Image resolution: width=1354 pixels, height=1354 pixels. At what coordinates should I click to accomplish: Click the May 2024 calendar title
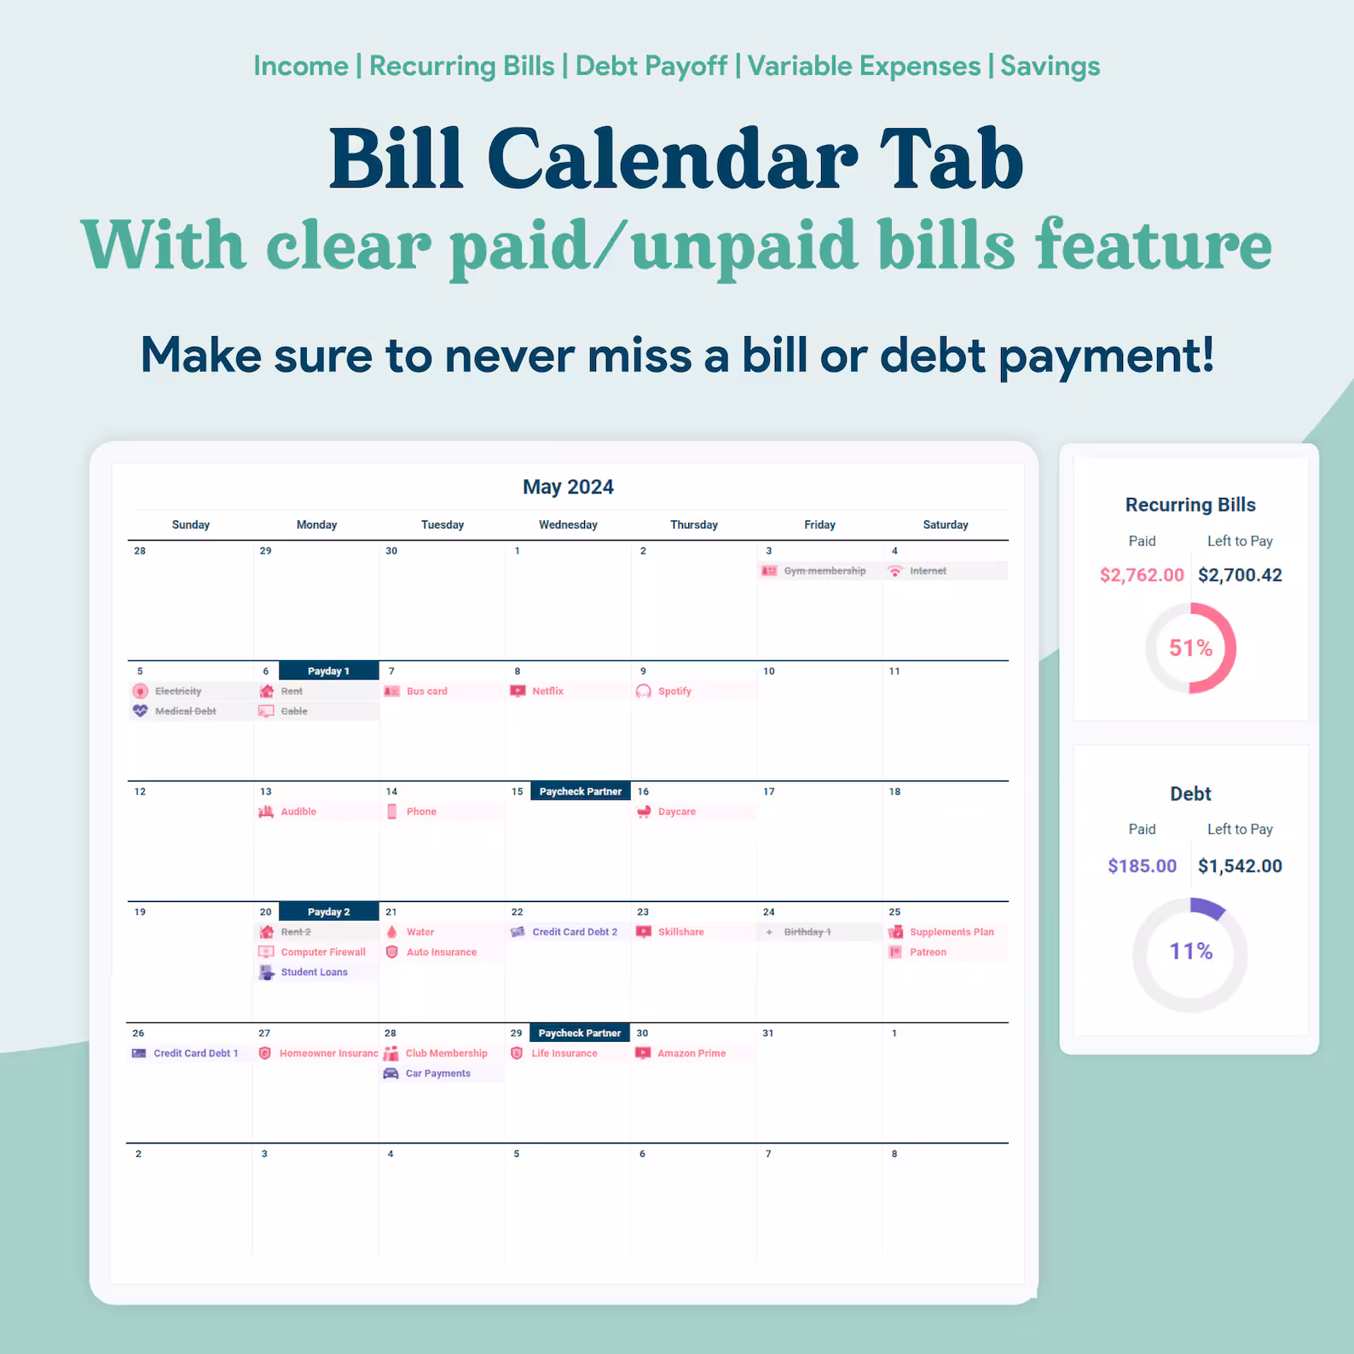click(568, 487)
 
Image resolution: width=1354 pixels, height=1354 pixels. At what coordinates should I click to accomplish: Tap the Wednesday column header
click(568, 524)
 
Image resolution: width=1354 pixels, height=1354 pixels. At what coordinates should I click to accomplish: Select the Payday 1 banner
click(329, 671)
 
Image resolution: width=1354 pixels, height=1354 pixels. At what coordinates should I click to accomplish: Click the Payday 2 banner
click(329, 911)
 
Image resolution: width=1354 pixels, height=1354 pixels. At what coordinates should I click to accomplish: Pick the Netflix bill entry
click(537, 691)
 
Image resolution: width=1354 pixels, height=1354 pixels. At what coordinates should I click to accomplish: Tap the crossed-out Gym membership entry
click(813, 571)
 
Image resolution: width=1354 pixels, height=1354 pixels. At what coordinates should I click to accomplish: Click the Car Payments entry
click(427, 1073)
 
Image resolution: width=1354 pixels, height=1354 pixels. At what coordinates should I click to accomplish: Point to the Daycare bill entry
click(666, 812)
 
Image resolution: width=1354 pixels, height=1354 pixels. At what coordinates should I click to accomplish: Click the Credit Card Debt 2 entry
click(564, 932)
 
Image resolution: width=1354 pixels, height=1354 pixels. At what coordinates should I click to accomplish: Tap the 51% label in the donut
click(1190, 648)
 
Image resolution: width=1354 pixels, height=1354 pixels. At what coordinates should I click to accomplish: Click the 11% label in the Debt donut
click(1190, 952)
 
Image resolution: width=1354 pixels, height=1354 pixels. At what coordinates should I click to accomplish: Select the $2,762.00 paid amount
click(1142, 575)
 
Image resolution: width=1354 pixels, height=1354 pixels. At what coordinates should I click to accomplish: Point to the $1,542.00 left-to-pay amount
click(1240, 866)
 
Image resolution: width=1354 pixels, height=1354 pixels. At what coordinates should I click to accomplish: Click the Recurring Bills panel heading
click(1190, 505)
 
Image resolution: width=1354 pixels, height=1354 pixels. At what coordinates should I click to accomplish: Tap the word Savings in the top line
click(1050, 66)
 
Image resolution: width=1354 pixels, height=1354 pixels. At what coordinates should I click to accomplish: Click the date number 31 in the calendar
click(768, 1033)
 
